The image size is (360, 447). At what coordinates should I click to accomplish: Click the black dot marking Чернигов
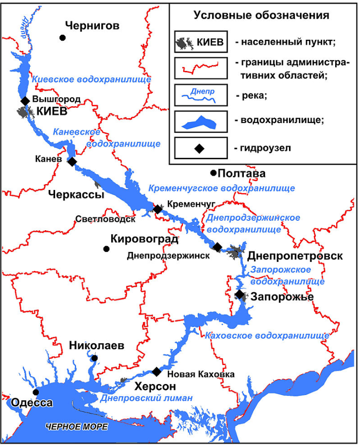(x=63, y=37)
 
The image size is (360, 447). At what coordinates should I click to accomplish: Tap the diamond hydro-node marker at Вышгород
(x=25, y=101)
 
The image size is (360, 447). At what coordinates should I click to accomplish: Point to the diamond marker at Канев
(x=72, y=161)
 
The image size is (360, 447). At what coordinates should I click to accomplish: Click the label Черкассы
(x=76, y=195)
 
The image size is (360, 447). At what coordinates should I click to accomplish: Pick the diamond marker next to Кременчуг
(x=157, y=209)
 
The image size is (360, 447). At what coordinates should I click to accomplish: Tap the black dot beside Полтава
(x=213, y=173)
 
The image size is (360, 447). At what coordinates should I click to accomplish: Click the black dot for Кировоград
(x=106, y=249)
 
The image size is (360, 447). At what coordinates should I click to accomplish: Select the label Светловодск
(x=105, y=219)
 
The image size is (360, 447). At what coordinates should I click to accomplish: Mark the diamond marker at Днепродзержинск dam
(x=217, y=247)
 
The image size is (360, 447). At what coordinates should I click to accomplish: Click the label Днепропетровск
(x=295, y=256)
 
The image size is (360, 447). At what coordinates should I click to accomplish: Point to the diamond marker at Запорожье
(x=240, y=295)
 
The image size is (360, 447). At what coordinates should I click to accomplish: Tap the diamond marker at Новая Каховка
(x=156, y=372)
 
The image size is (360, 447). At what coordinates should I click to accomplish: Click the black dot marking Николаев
(x=94, y=358)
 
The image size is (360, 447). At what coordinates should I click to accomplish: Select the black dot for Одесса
(x=36, y=392)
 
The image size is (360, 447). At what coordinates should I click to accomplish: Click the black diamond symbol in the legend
(x=200, y=148)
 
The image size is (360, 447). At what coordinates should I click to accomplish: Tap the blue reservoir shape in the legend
(x=201, y=122)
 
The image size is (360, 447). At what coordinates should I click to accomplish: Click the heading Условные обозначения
(x=261, y=15)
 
